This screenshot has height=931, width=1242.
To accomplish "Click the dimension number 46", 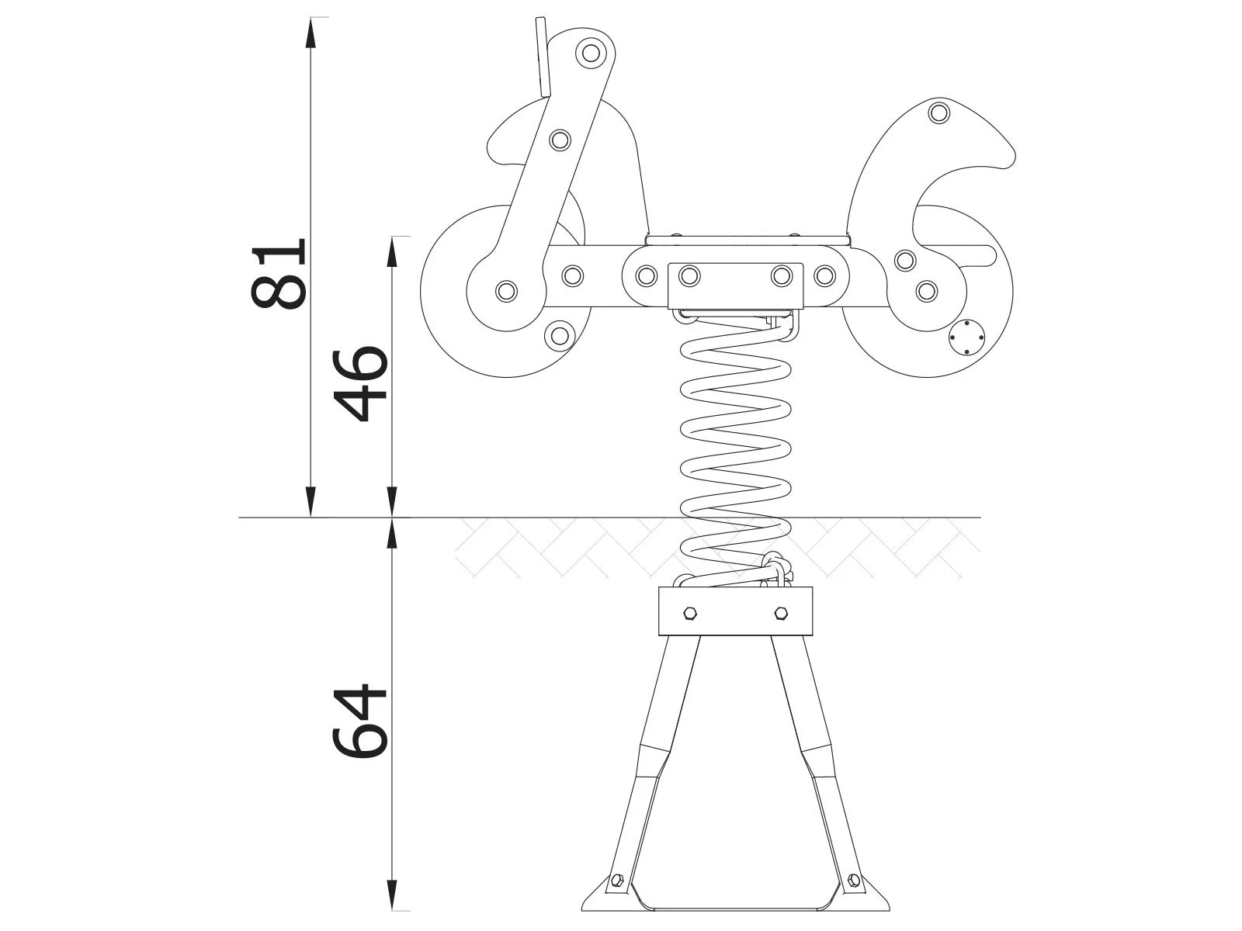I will (360, 384).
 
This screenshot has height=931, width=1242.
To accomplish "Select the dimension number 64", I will (360, 721).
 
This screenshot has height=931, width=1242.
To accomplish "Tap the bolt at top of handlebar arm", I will (591, 54).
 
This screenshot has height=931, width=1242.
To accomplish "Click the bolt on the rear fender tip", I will (939, 112).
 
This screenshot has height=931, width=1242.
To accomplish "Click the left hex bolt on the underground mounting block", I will (689, 614).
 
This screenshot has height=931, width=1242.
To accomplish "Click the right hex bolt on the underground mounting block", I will (781, 614).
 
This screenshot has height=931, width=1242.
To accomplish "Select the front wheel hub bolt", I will (506, 291).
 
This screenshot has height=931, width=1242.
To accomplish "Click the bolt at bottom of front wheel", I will (558, 336).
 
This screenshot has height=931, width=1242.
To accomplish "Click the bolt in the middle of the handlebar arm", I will (560, 140).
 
